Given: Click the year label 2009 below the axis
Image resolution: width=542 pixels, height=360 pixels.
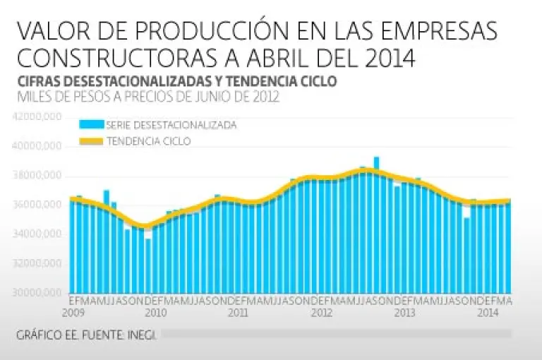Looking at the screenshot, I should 73,312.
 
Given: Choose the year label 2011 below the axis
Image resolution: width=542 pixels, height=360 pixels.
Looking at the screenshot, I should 238,312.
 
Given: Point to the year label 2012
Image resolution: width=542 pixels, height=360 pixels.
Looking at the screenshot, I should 321,312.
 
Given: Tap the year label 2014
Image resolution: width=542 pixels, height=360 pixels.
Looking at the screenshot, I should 486,312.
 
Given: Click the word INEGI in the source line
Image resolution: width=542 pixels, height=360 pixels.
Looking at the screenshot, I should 143,334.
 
